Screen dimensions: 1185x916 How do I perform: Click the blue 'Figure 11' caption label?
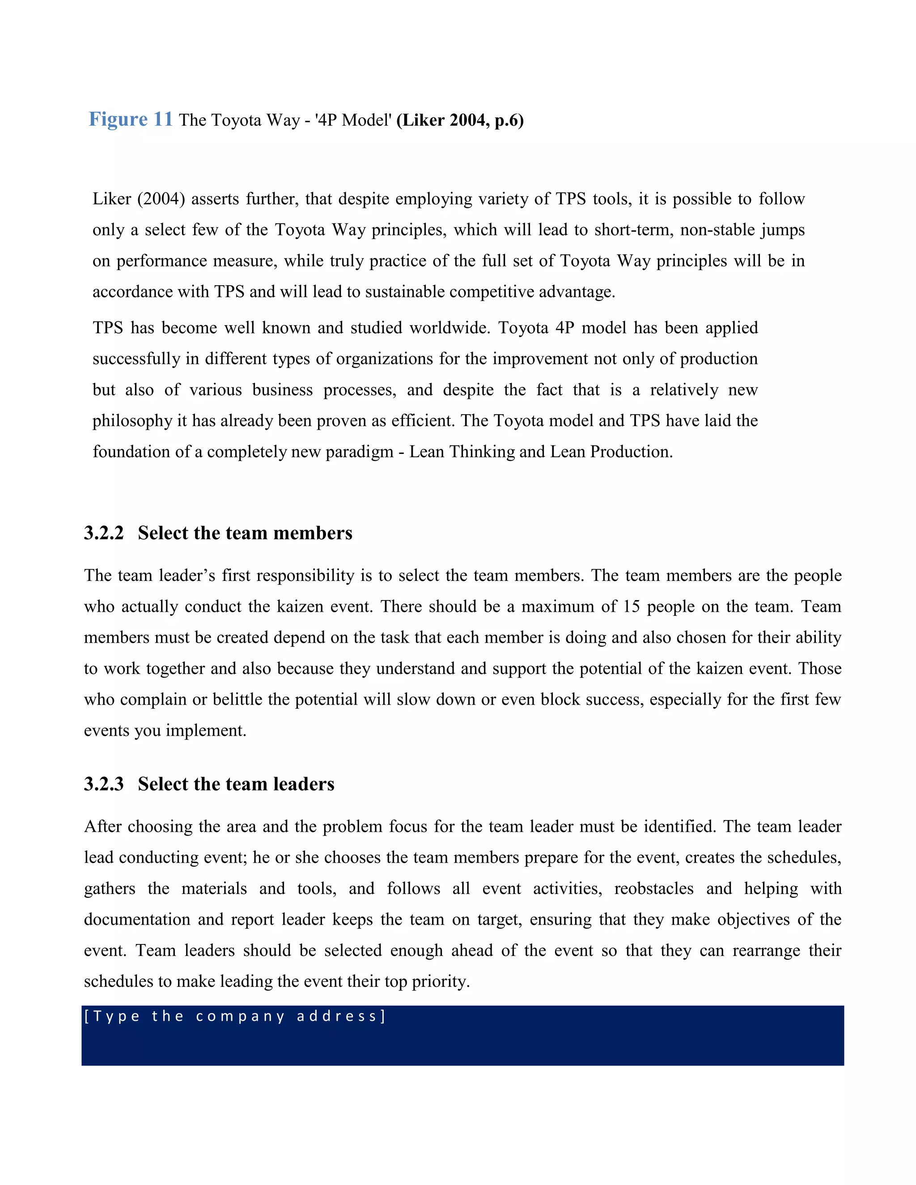(130, 119)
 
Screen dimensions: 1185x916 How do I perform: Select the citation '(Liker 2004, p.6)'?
(460, 120)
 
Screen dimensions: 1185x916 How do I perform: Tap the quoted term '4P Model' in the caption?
(353, 120)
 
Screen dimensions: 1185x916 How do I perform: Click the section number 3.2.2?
(104, 533)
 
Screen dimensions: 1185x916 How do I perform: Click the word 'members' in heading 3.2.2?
(313, 533)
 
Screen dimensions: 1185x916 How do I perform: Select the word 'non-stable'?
(717, 230)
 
